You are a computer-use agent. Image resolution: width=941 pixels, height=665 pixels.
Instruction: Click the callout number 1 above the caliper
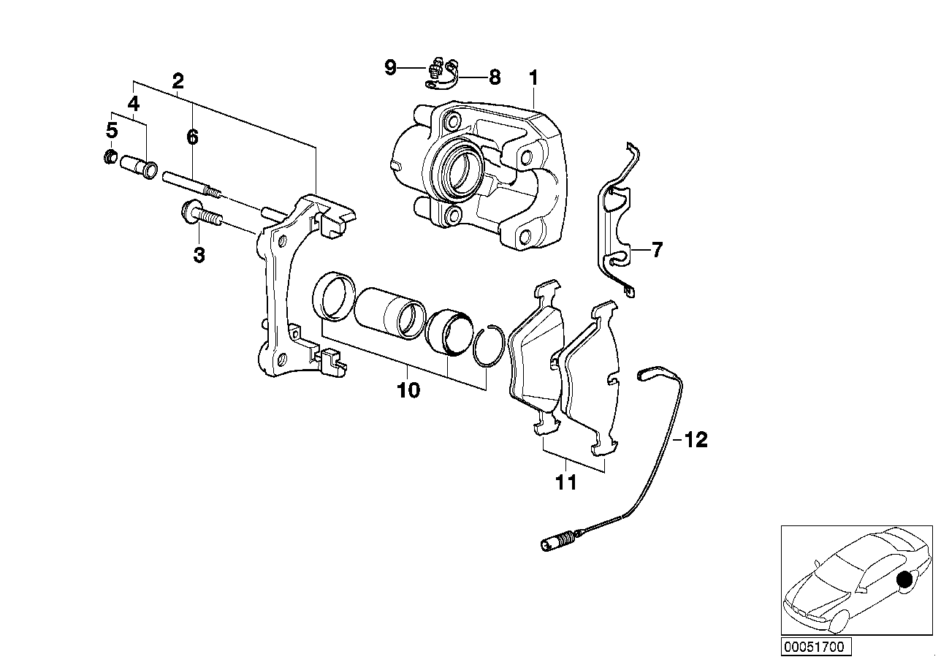(x=533, y=77)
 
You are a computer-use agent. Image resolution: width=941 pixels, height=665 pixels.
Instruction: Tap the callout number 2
(x=178, y=81)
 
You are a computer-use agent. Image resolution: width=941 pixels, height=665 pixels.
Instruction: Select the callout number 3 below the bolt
(x=199, y=255)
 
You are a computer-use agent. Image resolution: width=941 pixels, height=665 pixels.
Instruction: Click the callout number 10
(x=408, y=390)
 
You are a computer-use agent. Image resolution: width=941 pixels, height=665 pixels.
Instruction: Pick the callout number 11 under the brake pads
(x=566, y=482)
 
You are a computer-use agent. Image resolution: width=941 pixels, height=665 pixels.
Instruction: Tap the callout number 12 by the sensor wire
(x=697, y=440)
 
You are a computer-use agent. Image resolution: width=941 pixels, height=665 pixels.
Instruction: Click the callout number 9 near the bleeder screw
(x=391, y=68)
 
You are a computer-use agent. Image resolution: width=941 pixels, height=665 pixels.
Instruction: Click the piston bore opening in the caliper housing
(x=461, y=169)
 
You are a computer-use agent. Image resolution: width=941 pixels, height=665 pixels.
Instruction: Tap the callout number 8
(x=495, y=77)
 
